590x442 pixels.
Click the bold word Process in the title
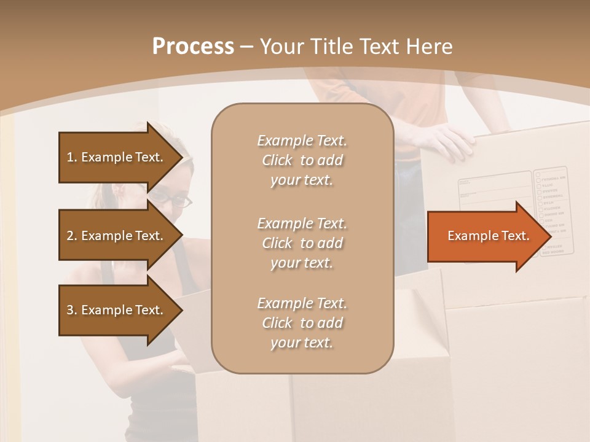[x=193, y=47]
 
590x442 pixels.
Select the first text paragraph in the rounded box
[x=302, y=160]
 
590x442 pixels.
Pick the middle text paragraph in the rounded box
[x=302, y=243]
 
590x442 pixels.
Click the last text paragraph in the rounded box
[x=302, y=323]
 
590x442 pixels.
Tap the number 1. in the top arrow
[x=71, y=157]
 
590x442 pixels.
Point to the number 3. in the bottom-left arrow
[x=71, y=310]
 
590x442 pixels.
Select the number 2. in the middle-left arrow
[x=71, y=236]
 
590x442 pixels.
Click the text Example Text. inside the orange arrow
[x=488, y=236]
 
